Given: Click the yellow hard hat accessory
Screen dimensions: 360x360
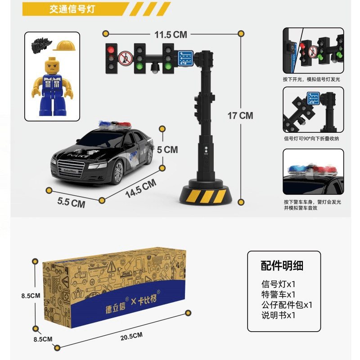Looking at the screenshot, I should (64, 45).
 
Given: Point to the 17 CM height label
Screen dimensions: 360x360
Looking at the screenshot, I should (240, 116).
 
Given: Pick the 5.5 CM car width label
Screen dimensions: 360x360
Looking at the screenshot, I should (71, 202).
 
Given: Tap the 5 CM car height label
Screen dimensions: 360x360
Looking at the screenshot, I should (167, 149).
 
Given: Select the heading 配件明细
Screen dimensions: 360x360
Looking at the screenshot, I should (282, 265).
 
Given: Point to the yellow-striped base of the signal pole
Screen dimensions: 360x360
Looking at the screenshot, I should (203, 196).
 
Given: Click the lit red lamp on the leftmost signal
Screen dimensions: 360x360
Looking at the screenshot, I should (111, 49).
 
